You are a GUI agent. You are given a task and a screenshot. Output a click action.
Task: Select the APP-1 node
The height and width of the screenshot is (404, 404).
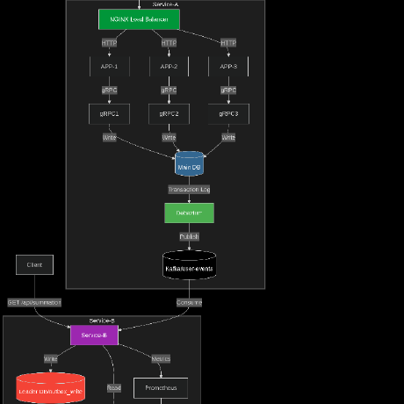tap(109, 66)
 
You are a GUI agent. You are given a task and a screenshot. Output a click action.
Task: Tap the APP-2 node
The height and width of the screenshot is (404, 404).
tap(169, 66)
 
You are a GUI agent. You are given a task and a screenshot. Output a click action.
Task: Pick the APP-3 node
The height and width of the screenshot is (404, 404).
tap(228, 66)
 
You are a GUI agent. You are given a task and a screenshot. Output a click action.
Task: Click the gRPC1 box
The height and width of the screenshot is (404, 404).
tap(109, 113)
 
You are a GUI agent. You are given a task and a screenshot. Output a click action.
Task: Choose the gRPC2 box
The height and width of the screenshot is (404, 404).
tap(169, 113)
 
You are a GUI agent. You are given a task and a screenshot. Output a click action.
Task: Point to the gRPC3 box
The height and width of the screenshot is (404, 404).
tap(228, 113)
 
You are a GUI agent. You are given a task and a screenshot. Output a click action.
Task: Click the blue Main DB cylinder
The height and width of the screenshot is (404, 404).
tap(189, 165)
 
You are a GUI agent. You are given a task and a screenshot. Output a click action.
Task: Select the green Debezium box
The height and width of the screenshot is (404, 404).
tap(189, 213)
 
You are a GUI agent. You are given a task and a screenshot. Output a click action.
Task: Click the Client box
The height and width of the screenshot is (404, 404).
tap(34, 264)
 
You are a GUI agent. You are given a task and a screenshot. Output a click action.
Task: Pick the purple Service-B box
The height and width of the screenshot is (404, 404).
tap(93, 335)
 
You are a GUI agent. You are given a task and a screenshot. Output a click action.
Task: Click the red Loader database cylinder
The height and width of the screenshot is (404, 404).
tap(51, 389)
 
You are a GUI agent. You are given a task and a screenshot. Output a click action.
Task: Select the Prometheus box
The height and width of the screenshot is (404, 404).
tap(161, 387)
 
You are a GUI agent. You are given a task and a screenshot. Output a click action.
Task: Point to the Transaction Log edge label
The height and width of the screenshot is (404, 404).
tap(189, 189)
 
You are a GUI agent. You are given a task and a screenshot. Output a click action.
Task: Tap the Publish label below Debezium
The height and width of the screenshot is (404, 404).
tap(189, 236)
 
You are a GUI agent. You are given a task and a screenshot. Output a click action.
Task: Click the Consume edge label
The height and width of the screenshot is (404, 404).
tap(189, 302)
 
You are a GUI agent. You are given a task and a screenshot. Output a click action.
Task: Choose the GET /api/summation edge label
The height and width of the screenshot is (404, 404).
tap(34, 302)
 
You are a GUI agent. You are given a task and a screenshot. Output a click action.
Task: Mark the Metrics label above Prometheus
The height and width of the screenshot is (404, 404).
tap(161, 358)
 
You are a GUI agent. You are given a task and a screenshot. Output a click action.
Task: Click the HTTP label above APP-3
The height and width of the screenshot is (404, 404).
tap(228, 42)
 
